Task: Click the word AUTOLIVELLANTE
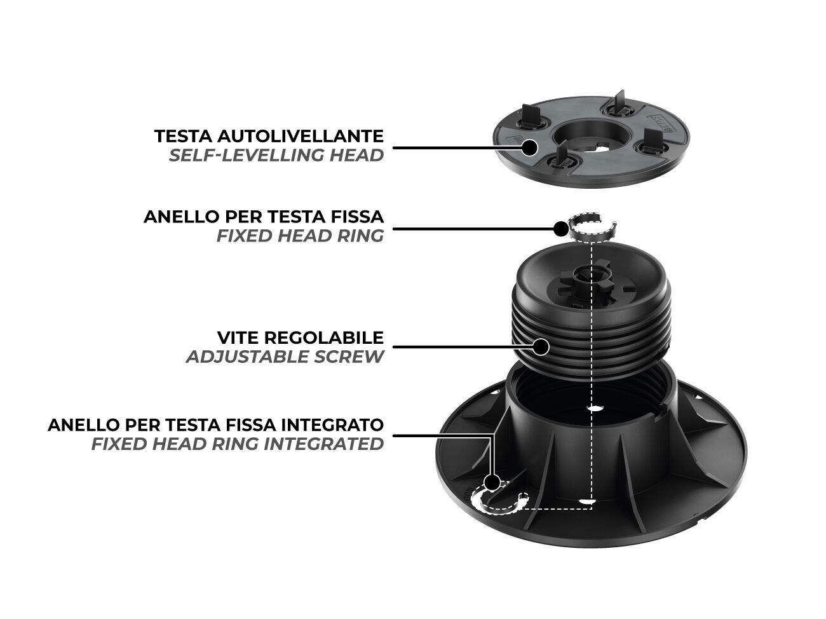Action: click(301, 136)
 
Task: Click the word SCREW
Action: click(349, 357)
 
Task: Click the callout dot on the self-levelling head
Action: click(529, 147)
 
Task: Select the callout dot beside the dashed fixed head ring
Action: click(561, 228)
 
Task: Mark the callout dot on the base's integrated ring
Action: click(492, 482)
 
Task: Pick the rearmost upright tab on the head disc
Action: click(619, 101)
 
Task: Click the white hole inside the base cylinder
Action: click(594, 408)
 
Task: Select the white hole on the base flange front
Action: click(587, 501)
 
